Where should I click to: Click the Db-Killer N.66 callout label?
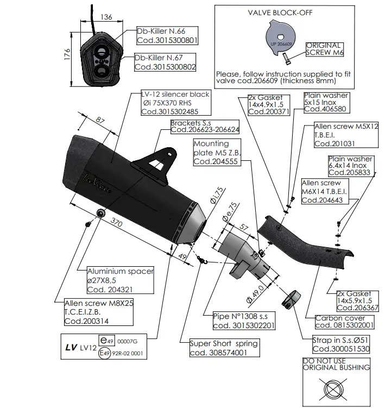(165, 36)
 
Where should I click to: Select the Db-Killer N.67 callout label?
(165, 62)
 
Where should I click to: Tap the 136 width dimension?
(107, 17)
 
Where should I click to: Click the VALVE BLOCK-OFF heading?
(283, 12)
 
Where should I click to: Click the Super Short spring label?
(224, 347)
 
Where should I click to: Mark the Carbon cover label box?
(345, 321)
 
